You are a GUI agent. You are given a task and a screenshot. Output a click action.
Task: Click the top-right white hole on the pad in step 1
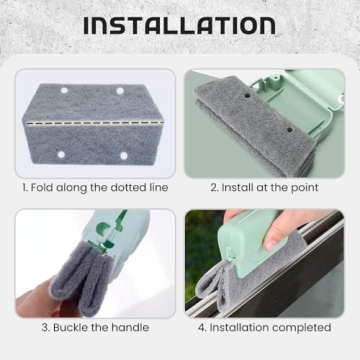(123, 91)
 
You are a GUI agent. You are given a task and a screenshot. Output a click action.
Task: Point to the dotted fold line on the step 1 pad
(95, 127)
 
